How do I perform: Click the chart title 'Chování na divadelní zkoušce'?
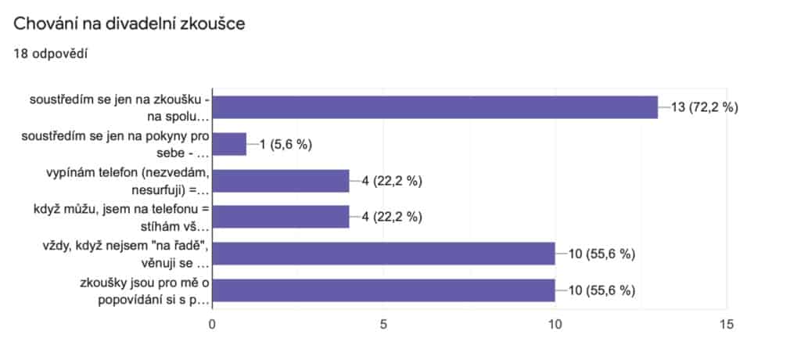tap(130, 23)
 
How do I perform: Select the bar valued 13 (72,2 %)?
tap(435, 107)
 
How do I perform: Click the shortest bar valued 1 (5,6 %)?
tap(229, 144)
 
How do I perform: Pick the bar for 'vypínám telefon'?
tap(280, 181)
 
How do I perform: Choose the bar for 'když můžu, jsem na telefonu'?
tap(280, 217)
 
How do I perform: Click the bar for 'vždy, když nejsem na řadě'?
tap(383, 254)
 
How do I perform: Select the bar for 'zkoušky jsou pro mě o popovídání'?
tap(383, 290)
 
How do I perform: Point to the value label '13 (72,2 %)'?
tap(704, 108)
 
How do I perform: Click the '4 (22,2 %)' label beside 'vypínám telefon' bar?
tap(391, 181)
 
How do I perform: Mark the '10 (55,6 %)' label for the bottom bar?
tap(600, 290)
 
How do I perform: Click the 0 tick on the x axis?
tap(212, 323)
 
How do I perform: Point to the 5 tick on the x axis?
tap(383, 323)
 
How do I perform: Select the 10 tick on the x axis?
tap(555, 323)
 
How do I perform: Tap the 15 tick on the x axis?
tap(727, 323)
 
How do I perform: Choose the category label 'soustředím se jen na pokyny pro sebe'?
tap(117, 144)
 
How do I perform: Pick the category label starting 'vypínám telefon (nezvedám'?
tap(117, 181)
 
